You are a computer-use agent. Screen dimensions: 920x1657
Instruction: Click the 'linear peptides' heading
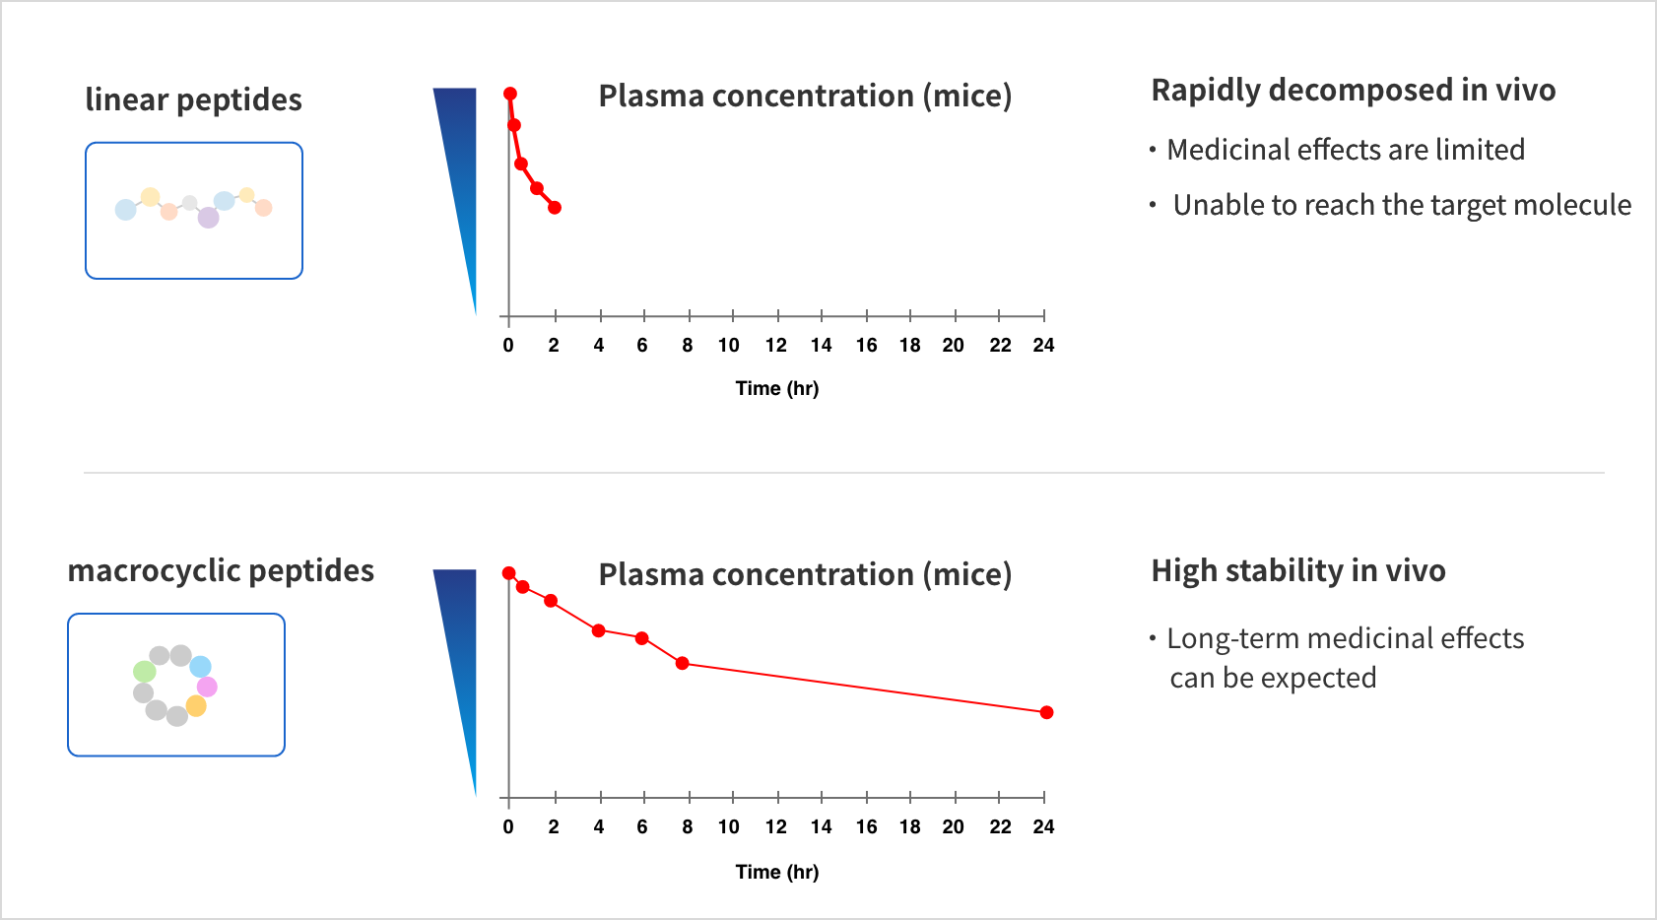tap(193, 100)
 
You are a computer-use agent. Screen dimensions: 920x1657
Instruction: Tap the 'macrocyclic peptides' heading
tap(221, 571)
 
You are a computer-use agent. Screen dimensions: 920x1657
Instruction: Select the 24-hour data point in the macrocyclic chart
tap(1046, 712)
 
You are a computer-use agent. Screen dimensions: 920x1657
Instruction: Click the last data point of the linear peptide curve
tap(555, 208)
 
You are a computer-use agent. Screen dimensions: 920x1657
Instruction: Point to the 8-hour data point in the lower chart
tap(683, 663)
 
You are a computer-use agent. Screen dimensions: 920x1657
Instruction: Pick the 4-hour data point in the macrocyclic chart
tap(598, 630)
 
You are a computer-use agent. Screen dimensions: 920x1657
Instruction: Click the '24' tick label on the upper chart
tap(1043, 346)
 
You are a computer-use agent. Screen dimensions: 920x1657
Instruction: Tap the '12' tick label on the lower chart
tap(776, 827)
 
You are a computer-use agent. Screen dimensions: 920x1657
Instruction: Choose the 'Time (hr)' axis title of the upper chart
tap(776, 388)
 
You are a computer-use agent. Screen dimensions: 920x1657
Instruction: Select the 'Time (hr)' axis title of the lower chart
tap(776, 872)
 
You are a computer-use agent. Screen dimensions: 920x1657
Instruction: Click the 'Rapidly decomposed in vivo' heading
tap(1353, 91)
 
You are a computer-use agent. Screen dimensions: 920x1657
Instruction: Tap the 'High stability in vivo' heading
tap(1297, 571)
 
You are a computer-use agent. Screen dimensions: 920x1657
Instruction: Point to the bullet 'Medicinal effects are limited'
tap(1345, 150)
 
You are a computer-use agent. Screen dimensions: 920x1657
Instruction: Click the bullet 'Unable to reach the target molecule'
tap(1401, 205)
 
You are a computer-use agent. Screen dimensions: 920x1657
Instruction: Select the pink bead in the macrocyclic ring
tap(207, 687)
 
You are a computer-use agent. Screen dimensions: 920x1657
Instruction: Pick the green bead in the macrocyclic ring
tap(145, 672)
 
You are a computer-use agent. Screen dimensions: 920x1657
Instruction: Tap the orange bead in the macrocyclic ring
tap(196, 706)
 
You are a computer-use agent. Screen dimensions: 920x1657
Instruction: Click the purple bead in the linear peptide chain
tap(208, 218)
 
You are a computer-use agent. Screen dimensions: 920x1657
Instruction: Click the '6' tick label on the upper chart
tap(642, 346)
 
